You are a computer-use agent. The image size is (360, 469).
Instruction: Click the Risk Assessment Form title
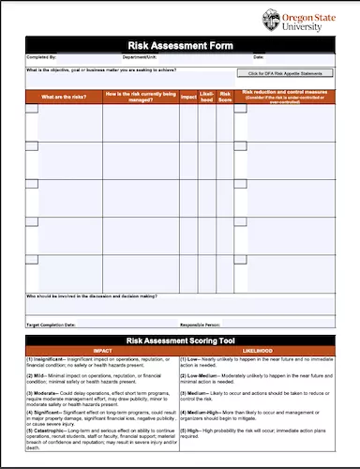coord(180,45)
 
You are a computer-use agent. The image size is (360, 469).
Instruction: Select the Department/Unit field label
coord(152,57)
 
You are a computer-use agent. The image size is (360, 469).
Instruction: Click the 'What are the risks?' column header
coord(63,95)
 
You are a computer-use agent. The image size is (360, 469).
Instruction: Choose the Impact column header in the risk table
coord(188,95)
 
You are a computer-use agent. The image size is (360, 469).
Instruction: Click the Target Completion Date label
coord(52,324)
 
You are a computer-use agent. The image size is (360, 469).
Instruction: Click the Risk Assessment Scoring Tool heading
coord(180,340)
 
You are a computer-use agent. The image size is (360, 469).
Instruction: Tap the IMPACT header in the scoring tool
coord(97,351)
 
